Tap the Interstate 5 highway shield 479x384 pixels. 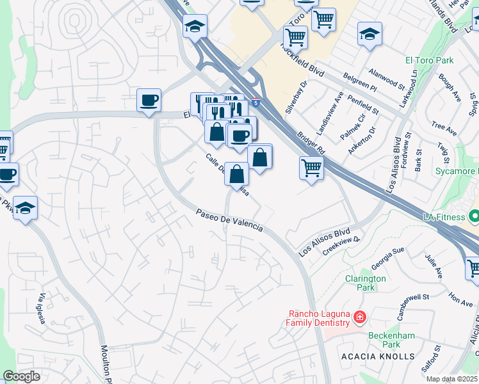click(x=256, y=102)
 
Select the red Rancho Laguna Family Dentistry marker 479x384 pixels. click(x=360, y=317)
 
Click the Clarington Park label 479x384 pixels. click(x=366, y=284)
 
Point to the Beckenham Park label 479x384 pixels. click(x=392, y=340)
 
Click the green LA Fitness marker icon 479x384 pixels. click(x=473, y=217)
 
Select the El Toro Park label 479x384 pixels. click(x=429, y=61)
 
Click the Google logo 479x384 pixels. click(x=21, y=376)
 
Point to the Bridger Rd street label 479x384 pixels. click(x=312, y=143)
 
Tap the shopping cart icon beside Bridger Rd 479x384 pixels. click(x=311, y=168)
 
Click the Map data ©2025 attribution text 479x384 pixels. click(x=452, y=379)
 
